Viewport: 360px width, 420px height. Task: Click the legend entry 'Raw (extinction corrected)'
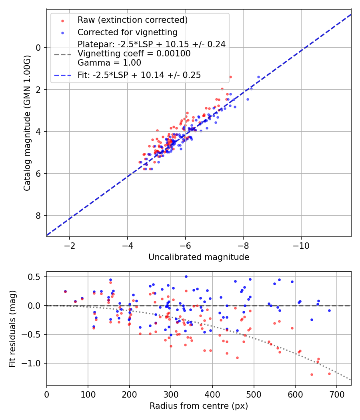pyautogui.click(x=132, y=20)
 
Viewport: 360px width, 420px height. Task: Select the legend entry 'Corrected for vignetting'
pyautogui.click(x=127, y=32)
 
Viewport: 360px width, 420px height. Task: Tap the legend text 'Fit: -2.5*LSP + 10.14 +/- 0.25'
pyautogui.click(x=139, y=75)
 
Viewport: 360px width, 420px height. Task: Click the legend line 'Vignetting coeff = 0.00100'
pyautogui.click(x=134, y=54)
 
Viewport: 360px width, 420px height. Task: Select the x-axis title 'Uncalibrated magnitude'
pyautogui.click(x=199, y=257)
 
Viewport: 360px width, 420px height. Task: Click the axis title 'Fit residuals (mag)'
pyautogui.click(x=13, y=328)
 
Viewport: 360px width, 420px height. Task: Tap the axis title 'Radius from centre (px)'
pyautogui.click(x=199, y=406)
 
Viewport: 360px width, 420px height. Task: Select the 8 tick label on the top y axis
pyautogui.click(x=38, y=216)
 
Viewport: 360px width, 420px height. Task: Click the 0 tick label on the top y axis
pyautogui.click(x=38, y=48)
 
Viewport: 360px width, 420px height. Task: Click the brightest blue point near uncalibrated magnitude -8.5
pyautogui.click(x=258, y=77)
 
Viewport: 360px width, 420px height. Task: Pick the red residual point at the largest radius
pyautogui.click(x=329, y=374)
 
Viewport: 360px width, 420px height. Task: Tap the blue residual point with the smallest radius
pyautogui.click(x=65, y=292)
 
